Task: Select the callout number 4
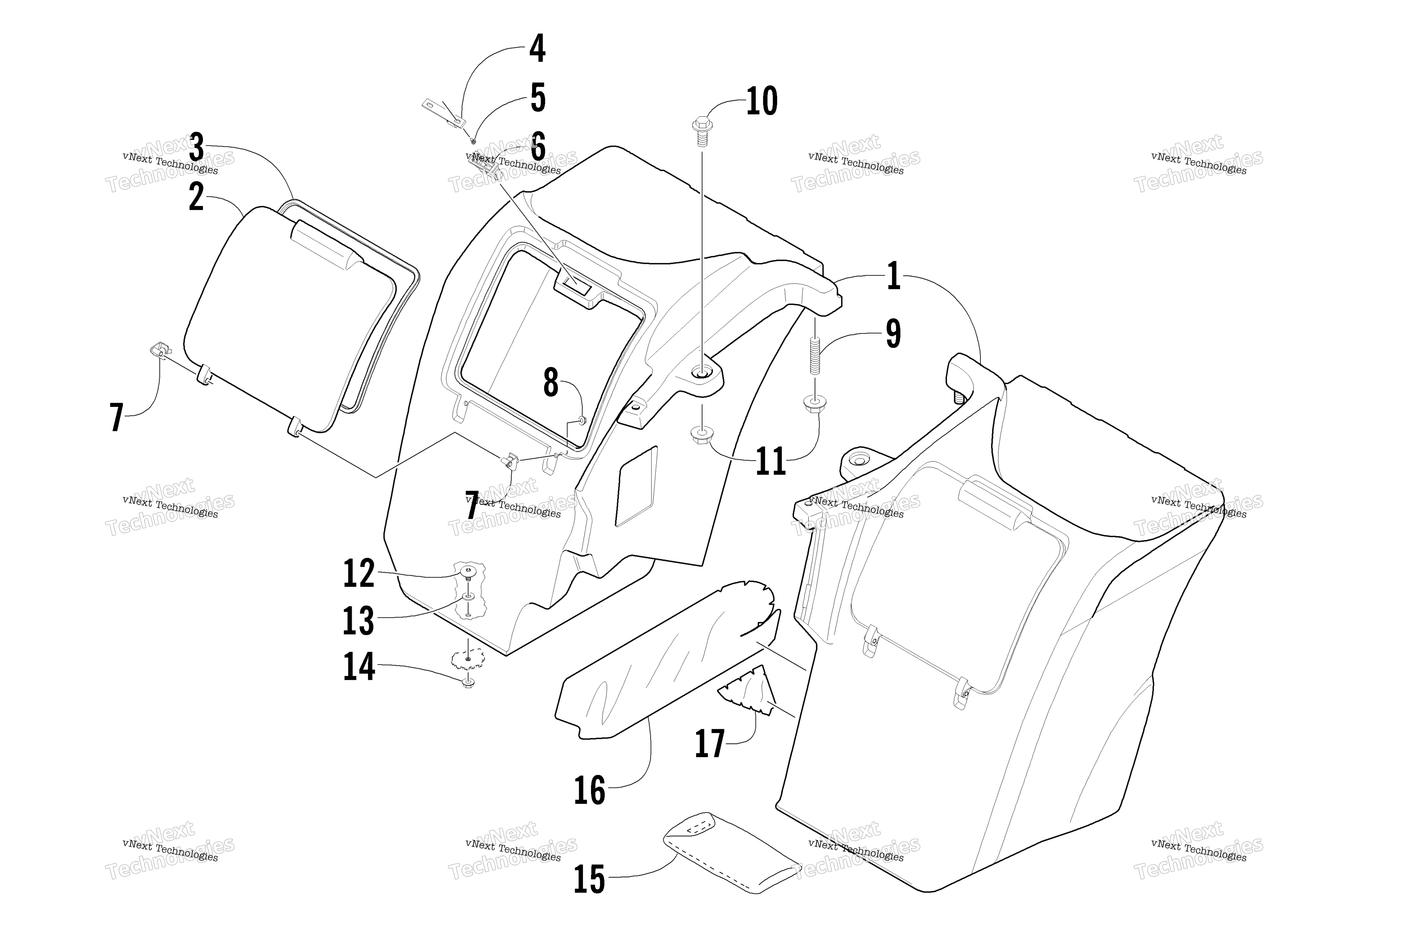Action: [x=537, y=48]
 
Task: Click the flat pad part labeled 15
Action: [x=732, y=852]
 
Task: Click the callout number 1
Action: [x=893, y=277]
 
